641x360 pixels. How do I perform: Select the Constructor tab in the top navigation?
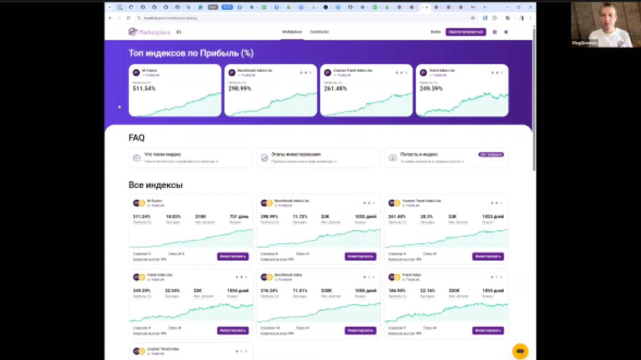pyautogui.click(x=319, y=32)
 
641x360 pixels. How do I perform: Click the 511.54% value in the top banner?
pyautogui.click(x=144, y=89)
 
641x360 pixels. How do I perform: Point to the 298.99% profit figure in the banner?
pyautogui.click(x=240, y=89)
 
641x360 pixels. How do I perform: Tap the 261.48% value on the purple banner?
pyautogui.click(x=335, y=89)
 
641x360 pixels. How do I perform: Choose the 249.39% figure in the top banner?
pyautogui.click(x=431, y=89)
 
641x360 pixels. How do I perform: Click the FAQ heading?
pyautogui.click(x=136, y=138)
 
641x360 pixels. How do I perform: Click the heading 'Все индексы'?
pyautogui.click(x=155, y=185)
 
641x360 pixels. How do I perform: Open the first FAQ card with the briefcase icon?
pyautogui.click(x=190, y=157)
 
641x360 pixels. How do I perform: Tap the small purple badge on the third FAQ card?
pyautogui.click(x=491, y=155)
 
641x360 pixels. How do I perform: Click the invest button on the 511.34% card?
pyautogui.click(x=232, y=256)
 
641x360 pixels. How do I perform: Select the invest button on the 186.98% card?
pyautogui.click(x=487, y=330)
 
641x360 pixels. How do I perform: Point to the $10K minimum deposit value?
pyautogui.click(x=200, y=217)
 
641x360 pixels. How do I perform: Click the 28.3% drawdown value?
pyautogui.click(x=426, y=217)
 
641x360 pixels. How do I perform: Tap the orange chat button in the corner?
pyautogui.click(x=520, y=351)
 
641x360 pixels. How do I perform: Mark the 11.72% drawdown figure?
pyautogui.click(x=300, y=217)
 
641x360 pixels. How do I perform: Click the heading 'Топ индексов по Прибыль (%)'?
pyautogui.click(x=191, y=53)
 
